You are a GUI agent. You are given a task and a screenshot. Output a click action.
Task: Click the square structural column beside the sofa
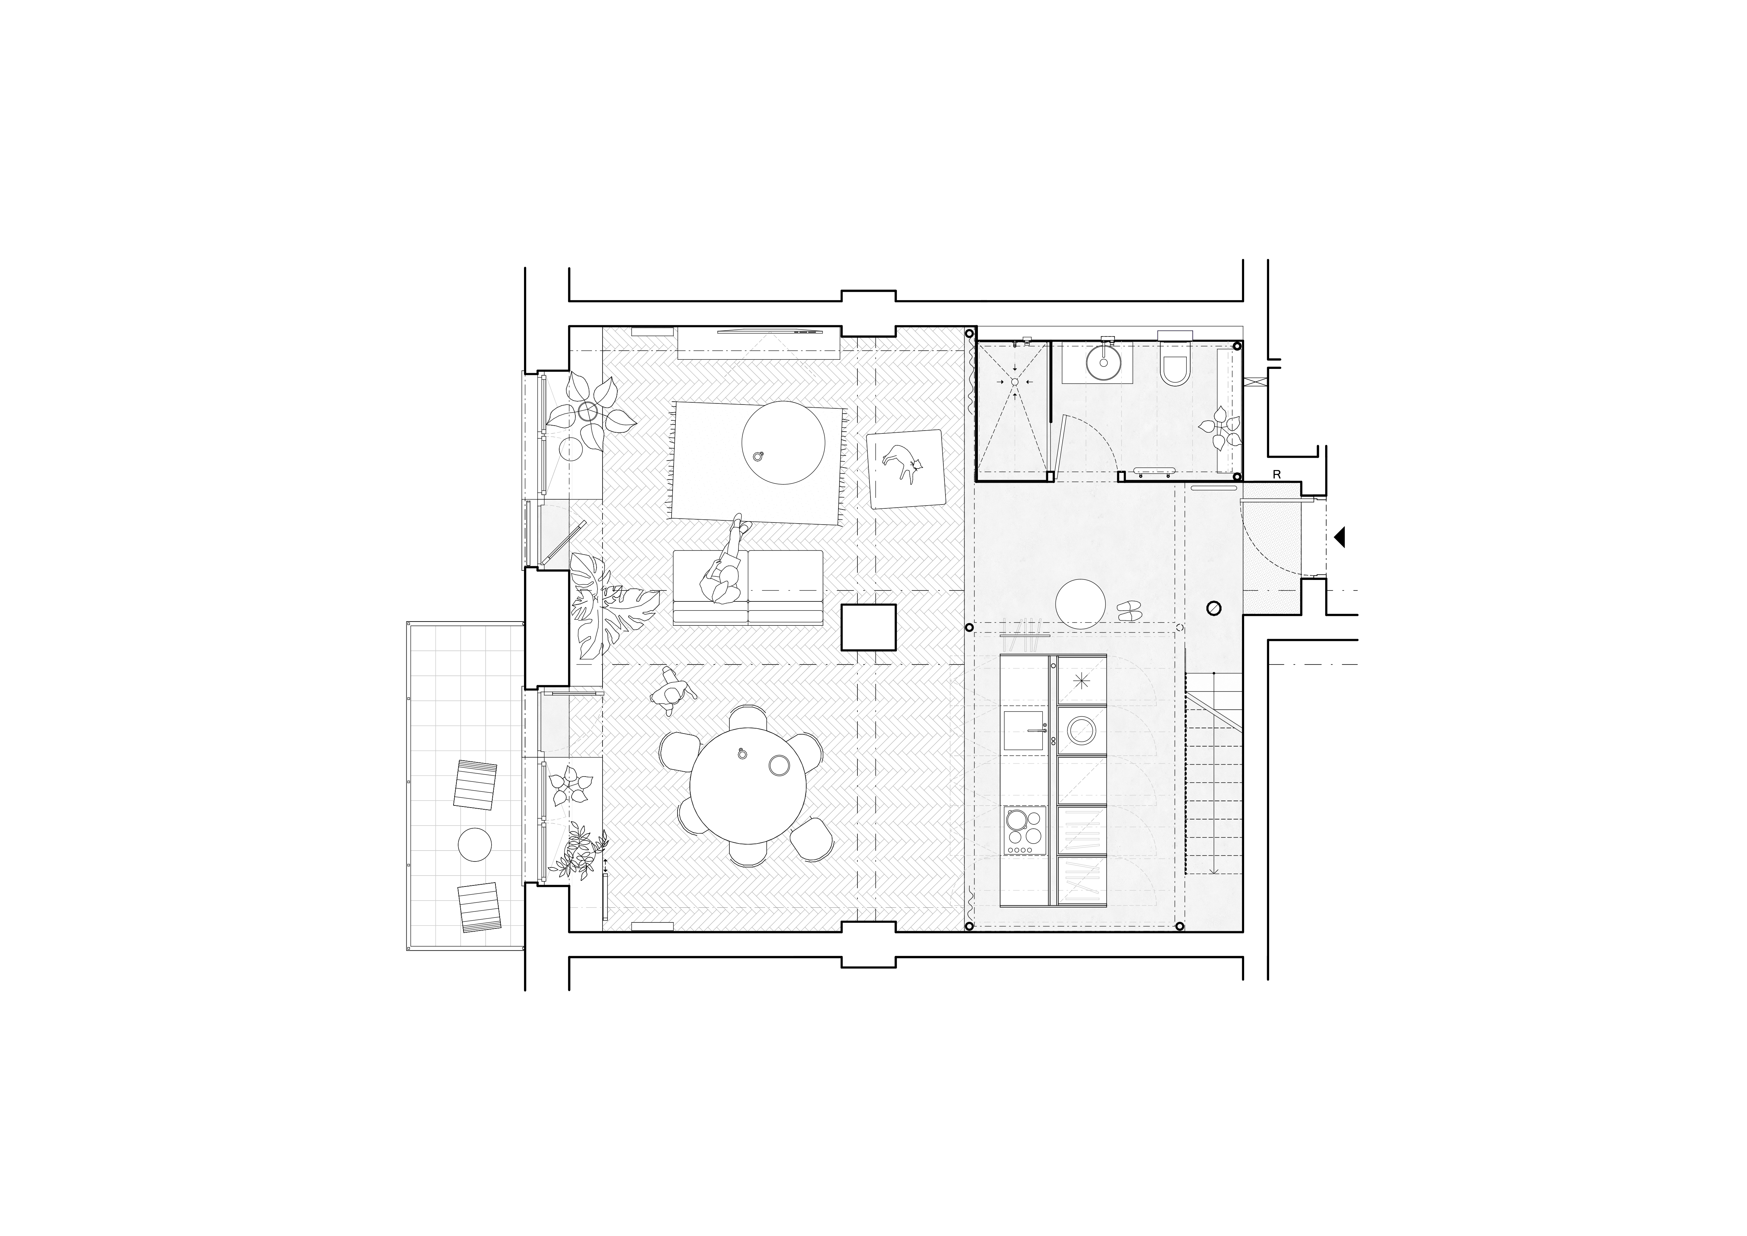[868, 627]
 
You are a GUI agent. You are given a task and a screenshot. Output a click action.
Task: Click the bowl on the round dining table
[778, 765]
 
